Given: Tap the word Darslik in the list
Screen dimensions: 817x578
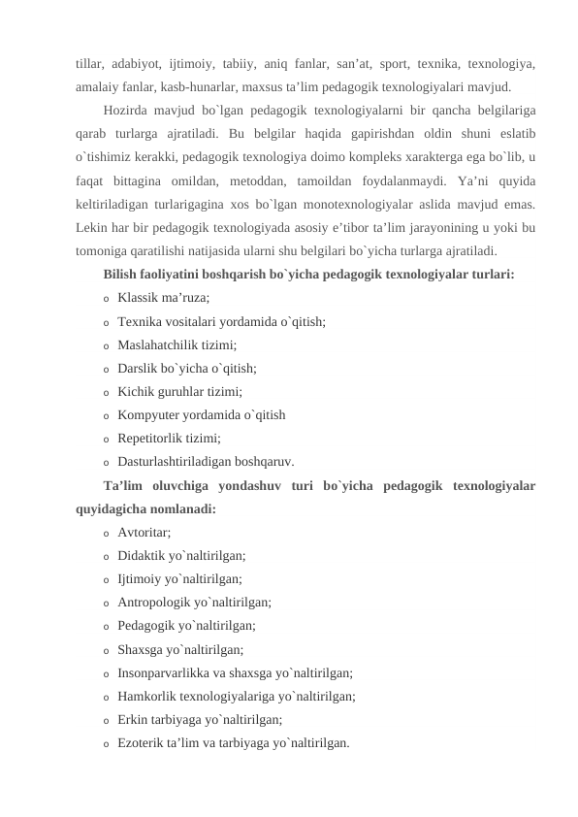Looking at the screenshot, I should pos(139,368).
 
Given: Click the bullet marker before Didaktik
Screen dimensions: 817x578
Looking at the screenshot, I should pos(106,556).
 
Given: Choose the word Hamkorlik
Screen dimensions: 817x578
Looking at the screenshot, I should pos(148,696).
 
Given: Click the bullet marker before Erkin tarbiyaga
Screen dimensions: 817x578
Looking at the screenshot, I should pos(106,720).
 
